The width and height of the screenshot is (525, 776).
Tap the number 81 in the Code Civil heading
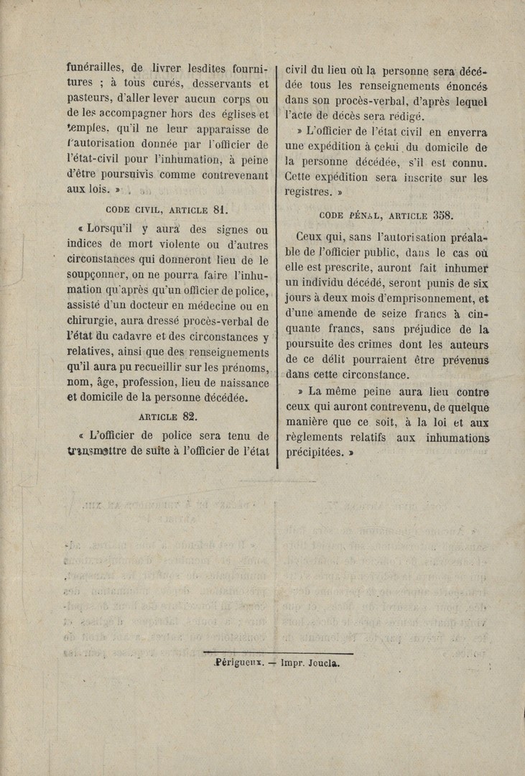(x=220, y=211)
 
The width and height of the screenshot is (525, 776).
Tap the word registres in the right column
(x=307, y=193)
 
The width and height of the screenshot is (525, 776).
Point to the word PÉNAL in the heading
(x=366, y=216)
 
